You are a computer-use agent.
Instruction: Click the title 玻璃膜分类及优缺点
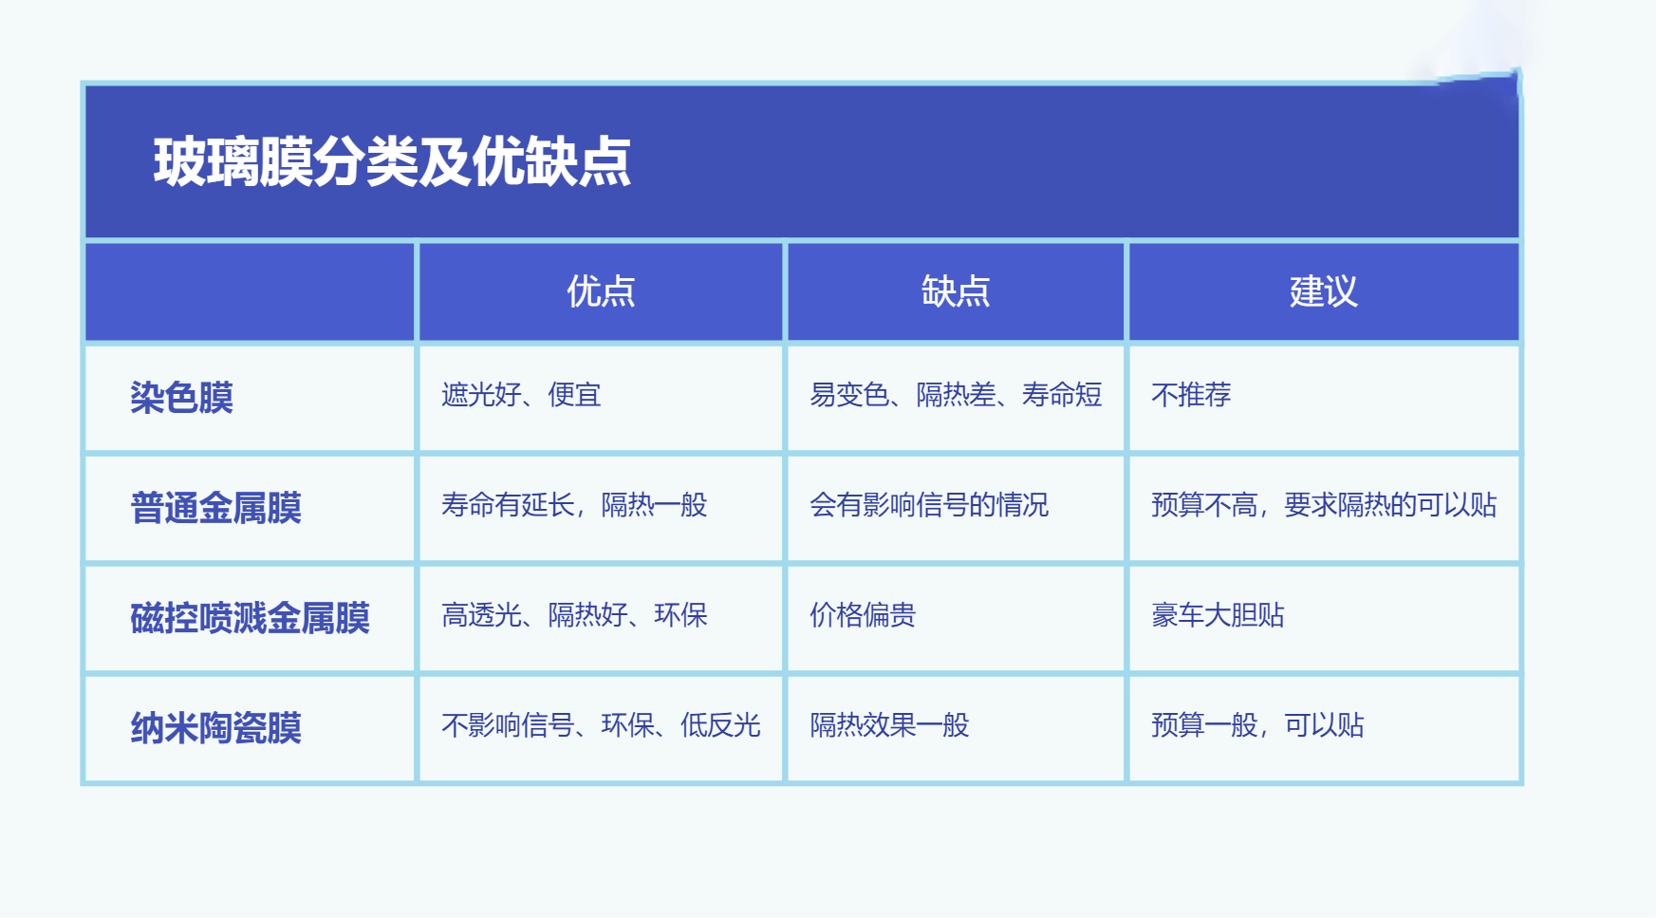392,161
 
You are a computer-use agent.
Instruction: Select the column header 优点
601,291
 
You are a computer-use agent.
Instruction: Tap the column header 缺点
956,291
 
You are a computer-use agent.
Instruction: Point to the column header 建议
1324,291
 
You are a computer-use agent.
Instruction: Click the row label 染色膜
181,398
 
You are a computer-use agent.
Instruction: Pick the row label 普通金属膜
215,508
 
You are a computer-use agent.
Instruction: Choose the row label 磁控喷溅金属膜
250,618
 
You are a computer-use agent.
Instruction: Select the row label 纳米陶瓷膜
215,728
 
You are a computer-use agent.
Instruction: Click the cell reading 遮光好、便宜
521,395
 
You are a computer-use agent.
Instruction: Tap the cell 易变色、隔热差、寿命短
956,395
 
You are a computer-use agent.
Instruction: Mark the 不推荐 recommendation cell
1191,395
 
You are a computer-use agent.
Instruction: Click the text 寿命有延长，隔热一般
574,505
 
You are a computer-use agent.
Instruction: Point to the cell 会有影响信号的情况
929,505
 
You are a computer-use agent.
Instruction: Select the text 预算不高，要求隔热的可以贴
1324,505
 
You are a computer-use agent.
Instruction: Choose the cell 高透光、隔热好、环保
574,615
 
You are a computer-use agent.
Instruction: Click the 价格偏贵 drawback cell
863,615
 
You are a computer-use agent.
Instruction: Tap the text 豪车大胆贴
1218,615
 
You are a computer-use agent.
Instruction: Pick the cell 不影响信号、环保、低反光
601,725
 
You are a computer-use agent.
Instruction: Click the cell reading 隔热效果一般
889,725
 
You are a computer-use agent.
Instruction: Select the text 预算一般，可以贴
1257,725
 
